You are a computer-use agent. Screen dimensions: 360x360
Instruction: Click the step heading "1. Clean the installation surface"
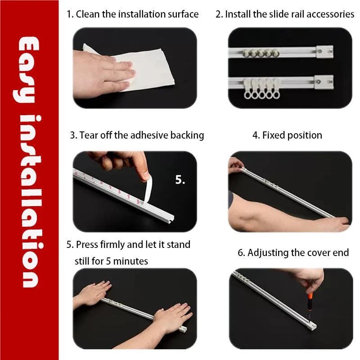tap(132, 14)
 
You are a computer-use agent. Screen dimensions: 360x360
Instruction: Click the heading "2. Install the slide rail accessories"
tap(285, 14)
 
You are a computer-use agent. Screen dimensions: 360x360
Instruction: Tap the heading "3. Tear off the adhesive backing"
tap(137, 135)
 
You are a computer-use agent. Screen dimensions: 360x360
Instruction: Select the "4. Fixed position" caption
tap(288, 135)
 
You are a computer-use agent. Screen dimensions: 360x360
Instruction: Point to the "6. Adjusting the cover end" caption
tap(293, 252)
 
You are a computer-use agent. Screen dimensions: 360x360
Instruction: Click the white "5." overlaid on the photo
tap(180, 180)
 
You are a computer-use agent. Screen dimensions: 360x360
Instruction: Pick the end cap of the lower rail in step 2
tap(324, 82)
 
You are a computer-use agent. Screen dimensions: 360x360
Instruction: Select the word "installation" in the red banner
tap(29, 202)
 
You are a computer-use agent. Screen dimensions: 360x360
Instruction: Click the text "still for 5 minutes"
tap(111, 261)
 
